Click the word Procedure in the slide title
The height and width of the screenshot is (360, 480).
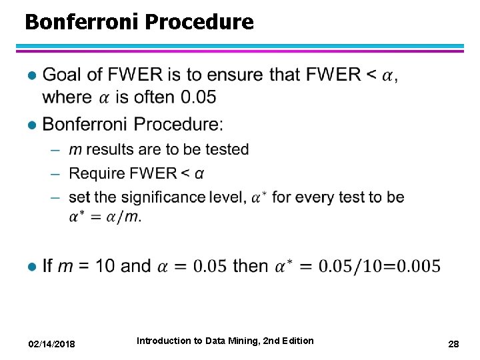[199, 23]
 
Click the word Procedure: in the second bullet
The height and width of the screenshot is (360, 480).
[179, 124]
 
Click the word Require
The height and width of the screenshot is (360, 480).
[96, 173]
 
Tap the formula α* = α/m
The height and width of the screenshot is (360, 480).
[105, 216]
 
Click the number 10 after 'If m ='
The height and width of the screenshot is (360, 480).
[105, 266]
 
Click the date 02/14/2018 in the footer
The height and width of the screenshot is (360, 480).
[51, 344]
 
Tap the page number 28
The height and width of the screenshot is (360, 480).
[453, 344]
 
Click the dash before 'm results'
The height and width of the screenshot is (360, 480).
[57, 149]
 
